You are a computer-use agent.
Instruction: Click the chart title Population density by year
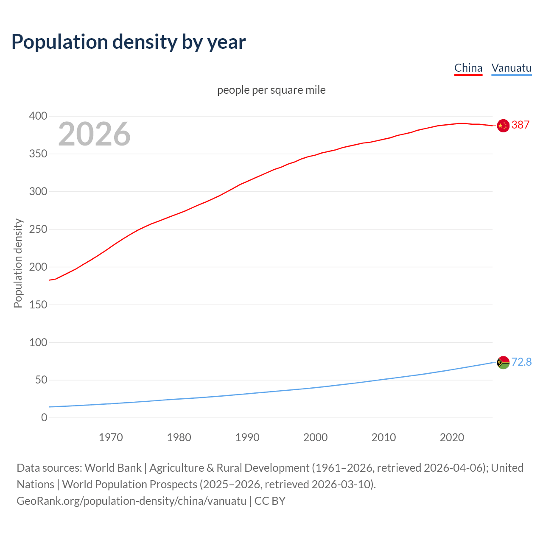129,42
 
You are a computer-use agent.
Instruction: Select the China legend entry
468,68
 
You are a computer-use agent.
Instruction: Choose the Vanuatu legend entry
511,68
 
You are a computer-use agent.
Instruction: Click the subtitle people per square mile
271,90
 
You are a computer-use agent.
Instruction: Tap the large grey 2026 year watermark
94,134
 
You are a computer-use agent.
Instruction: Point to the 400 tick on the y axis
38,116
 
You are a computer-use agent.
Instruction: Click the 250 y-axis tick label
38,229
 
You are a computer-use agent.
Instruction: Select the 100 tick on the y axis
38,342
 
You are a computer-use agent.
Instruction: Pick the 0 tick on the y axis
44,417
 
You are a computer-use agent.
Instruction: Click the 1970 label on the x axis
111,437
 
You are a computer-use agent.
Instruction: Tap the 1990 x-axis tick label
247,437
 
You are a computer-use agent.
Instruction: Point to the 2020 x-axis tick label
452,437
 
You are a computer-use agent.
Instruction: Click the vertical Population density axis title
18,263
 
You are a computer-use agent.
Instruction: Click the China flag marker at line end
503,126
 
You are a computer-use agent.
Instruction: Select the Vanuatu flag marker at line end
503,362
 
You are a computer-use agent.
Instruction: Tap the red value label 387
521,125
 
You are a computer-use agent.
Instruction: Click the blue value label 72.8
521,362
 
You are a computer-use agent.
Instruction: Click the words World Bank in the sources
113,468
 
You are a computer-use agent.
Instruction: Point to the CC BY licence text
270,501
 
